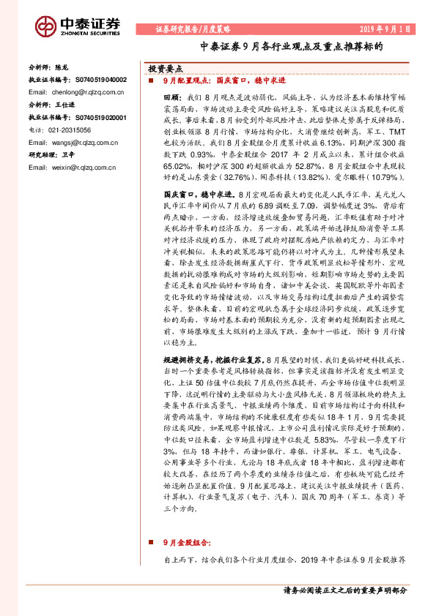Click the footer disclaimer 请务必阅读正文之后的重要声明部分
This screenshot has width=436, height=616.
click(x=344, y=590)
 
